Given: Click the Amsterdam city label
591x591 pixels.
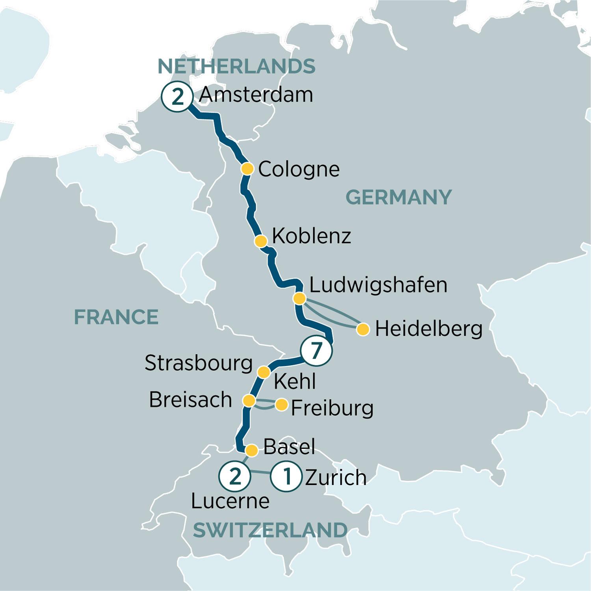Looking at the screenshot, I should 256,95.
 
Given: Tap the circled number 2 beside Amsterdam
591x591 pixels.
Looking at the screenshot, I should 178,97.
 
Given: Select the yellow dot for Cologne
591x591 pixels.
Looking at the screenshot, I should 247,169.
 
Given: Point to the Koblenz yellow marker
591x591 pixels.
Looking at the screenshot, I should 260,241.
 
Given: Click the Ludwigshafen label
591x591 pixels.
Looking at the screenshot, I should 378,285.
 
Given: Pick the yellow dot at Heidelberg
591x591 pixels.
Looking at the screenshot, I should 363,329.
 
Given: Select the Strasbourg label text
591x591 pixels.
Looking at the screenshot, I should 198,363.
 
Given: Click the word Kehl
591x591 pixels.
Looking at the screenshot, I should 295,381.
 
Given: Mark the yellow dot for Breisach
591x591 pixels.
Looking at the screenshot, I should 249,401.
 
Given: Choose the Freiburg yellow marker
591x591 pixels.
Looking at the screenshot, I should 282,405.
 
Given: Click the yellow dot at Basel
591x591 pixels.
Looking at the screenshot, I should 252,450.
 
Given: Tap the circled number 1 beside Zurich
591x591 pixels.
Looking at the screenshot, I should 287,477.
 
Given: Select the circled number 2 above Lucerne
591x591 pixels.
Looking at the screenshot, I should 235,477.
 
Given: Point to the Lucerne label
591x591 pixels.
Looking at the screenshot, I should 230,501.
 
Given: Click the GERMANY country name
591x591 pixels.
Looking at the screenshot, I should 398,197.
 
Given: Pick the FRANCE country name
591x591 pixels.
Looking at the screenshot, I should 116,317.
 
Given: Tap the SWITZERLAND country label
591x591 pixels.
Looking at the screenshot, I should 270,530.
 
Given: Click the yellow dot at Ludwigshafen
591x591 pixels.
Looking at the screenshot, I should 299,299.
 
